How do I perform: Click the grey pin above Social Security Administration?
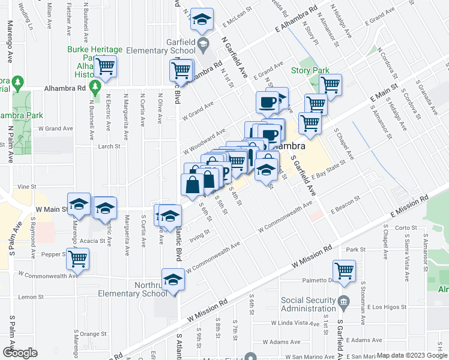[343, 299]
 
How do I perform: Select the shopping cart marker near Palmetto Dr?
[344, 271]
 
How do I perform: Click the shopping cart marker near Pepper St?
[77, 259]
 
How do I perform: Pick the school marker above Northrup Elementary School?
[173, 280]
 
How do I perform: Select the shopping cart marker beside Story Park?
[330, 85]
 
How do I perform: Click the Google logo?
[20, 352]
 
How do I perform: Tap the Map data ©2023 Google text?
[412, 355]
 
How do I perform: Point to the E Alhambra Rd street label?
[296, 20]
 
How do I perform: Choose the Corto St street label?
[406, 228]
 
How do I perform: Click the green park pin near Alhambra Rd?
[95, 88]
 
